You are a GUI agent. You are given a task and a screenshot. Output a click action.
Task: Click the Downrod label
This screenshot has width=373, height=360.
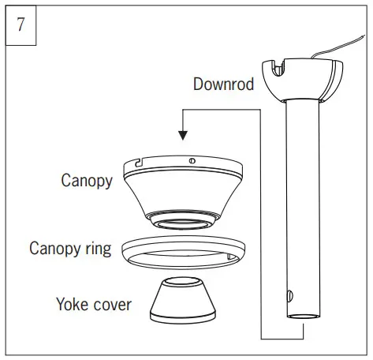coord(223,84)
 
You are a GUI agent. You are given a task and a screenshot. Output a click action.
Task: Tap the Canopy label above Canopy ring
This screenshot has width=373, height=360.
coord(87,180)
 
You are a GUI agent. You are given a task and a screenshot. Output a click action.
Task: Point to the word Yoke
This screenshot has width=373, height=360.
coord(72,303)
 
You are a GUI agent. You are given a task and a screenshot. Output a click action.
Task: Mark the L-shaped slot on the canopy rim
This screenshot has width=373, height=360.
coord(138,163)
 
